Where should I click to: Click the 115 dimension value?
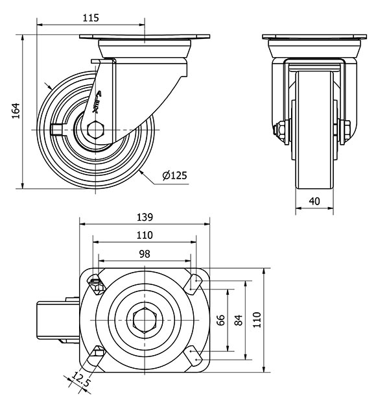click(x=91, y=18)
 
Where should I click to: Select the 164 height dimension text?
click(x=16, y=110)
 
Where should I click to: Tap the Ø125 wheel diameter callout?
click(x=175, y=175)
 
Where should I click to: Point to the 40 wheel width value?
click(x=314, y=201)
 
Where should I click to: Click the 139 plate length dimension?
click(x=145, y=217)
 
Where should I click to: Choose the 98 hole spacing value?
click(x=145, y=254)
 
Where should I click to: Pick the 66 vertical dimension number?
click(x=220, y=320)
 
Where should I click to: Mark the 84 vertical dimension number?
click(x=239, y=320)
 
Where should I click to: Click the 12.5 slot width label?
click(x=80, y=380)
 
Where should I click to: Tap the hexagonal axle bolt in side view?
click(x=95, y=130)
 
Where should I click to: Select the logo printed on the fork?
click(x=97, y=102)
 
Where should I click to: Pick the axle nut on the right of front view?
click(x=345, y=130)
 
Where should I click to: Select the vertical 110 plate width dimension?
click(x=257, y=320)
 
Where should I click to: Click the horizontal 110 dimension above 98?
click(x=145, y=236)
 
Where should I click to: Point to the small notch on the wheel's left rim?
click(x=56, y=130)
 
